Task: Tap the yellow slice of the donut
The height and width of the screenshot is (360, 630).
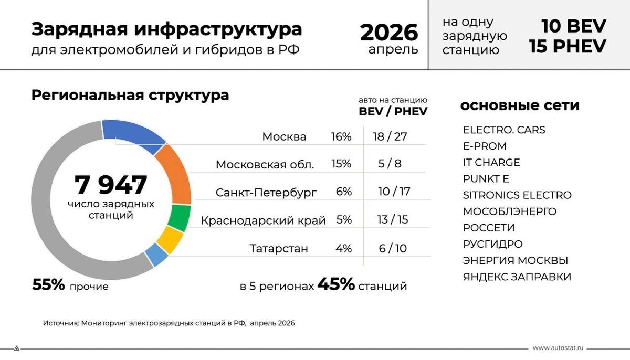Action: [171, 240]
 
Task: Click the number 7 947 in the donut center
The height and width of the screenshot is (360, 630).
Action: [111, 185]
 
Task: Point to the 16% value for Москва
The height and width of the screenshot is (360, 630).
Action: [341, 137]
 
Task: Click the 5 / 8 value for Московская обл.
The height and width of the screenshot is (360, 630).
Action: [390, 164]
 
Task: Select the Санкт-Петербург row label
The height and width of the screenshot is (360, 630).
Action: [266, 193]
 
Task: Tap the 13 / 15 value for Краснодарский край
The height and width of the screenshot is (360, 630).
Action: [393, 220]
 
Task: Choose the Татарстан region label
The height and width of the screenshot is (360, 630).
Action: [279, 249]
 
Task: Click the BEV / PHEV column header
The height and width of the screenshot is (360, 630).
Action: [393, 112]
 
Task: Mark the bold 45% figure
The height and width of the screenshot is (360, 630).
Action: [336, 284]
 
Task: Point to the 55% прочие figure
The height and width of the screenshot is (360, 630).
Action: [70, 284]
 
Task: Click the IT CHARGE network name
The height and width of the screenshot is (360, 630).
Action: [491, 163]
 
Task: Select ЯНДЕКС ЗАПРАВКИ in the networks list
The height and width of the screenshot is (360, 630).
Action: [517, 277]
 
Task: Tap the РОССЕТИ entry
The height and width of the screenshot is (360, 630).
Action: [489, 228]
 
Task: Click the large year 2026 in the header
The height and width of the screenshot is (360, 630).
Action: [389, 33]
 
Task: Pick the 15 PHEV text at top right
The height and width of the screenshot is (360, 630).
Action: [568, 46]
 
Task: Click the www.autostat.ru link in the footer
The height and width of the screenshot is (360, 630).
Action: [558, 348]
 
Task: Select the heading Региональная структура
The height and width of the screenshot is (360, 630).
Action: [130, 96]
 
